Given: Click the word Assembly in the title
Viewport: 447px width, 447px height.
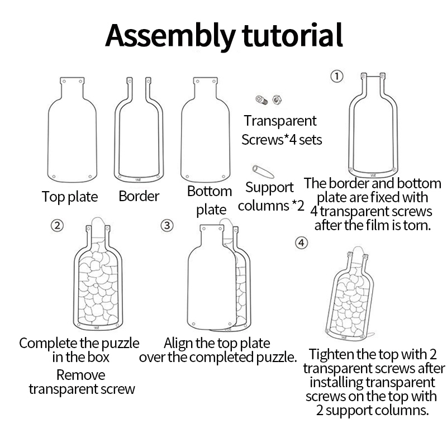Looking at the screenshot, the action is point(170,36).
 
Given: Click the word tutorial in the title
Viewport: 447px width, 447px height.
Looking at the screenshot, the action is point(292,35).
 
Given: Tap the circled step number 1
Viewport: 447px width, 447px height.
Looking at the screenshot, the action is point(337,77).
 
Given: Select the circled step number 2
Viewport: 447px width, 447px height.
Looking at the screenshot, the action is point(57,226).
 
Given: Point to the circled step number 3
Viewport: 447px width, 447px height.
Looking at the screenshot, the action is point(167,226).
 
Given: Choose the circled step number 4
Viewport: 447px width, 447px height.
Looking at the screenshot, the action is point(301,243).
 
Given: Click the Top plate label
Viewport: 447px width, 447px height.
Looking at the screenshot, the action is point(70,197).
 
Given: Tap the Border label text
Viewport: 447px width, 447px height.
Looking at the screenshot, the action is point(139,196).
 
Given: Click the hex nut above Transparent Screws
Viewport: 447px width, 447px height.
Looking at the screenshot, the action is point(277,99).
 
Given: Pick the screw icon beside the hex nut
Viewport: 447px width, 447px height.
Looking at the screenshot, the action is point(261,100).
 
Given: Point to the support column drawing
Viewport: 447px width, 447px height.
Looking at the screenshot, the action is point(263,172).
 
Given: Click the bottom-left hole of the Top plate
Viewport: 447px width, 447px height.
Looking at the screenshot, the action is point(54,177).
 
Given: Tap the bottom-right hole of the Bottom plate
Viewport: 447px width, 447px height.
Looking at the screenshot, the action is point(223,177).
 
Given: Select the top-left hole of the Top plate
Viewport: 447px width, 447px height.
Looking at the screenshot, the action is point(64,82).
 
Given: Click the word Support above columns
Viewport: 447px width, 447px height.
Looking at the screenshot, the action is point(269,188).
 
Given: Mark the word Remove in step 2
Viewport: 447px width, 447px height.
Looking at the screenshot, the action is point(80,375).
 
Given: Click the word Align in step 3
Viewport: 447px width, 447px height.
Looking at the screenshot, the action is point(178,344).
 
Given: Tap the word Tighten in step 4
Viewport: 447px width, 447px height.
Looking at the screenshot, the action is point(331,355).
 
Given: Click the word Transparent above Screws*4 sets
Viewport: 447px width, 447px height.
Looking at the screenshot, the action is point(280,121).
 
